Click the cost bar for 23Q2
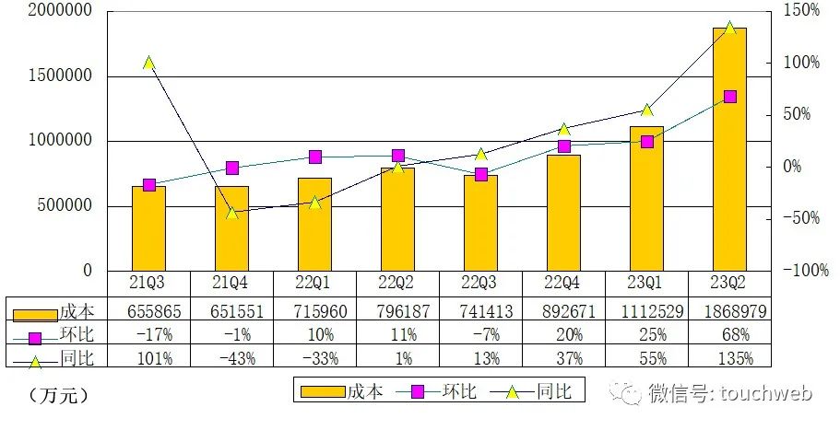click(729, 149)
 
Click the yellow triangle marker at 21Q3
click(148, 63)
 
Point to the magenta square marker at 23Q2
click(729, 97)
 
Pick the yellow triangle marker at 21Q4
click(231, 212)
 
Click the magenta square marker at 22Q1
click(314, 157)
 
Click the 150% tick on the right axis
click(801, 11)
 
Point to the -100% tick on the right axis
click(798, 271)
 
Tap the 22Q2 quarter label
click(397, 282)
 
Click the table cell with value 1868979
click(729, 312)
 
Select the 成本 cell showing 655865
click(148, 312)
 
